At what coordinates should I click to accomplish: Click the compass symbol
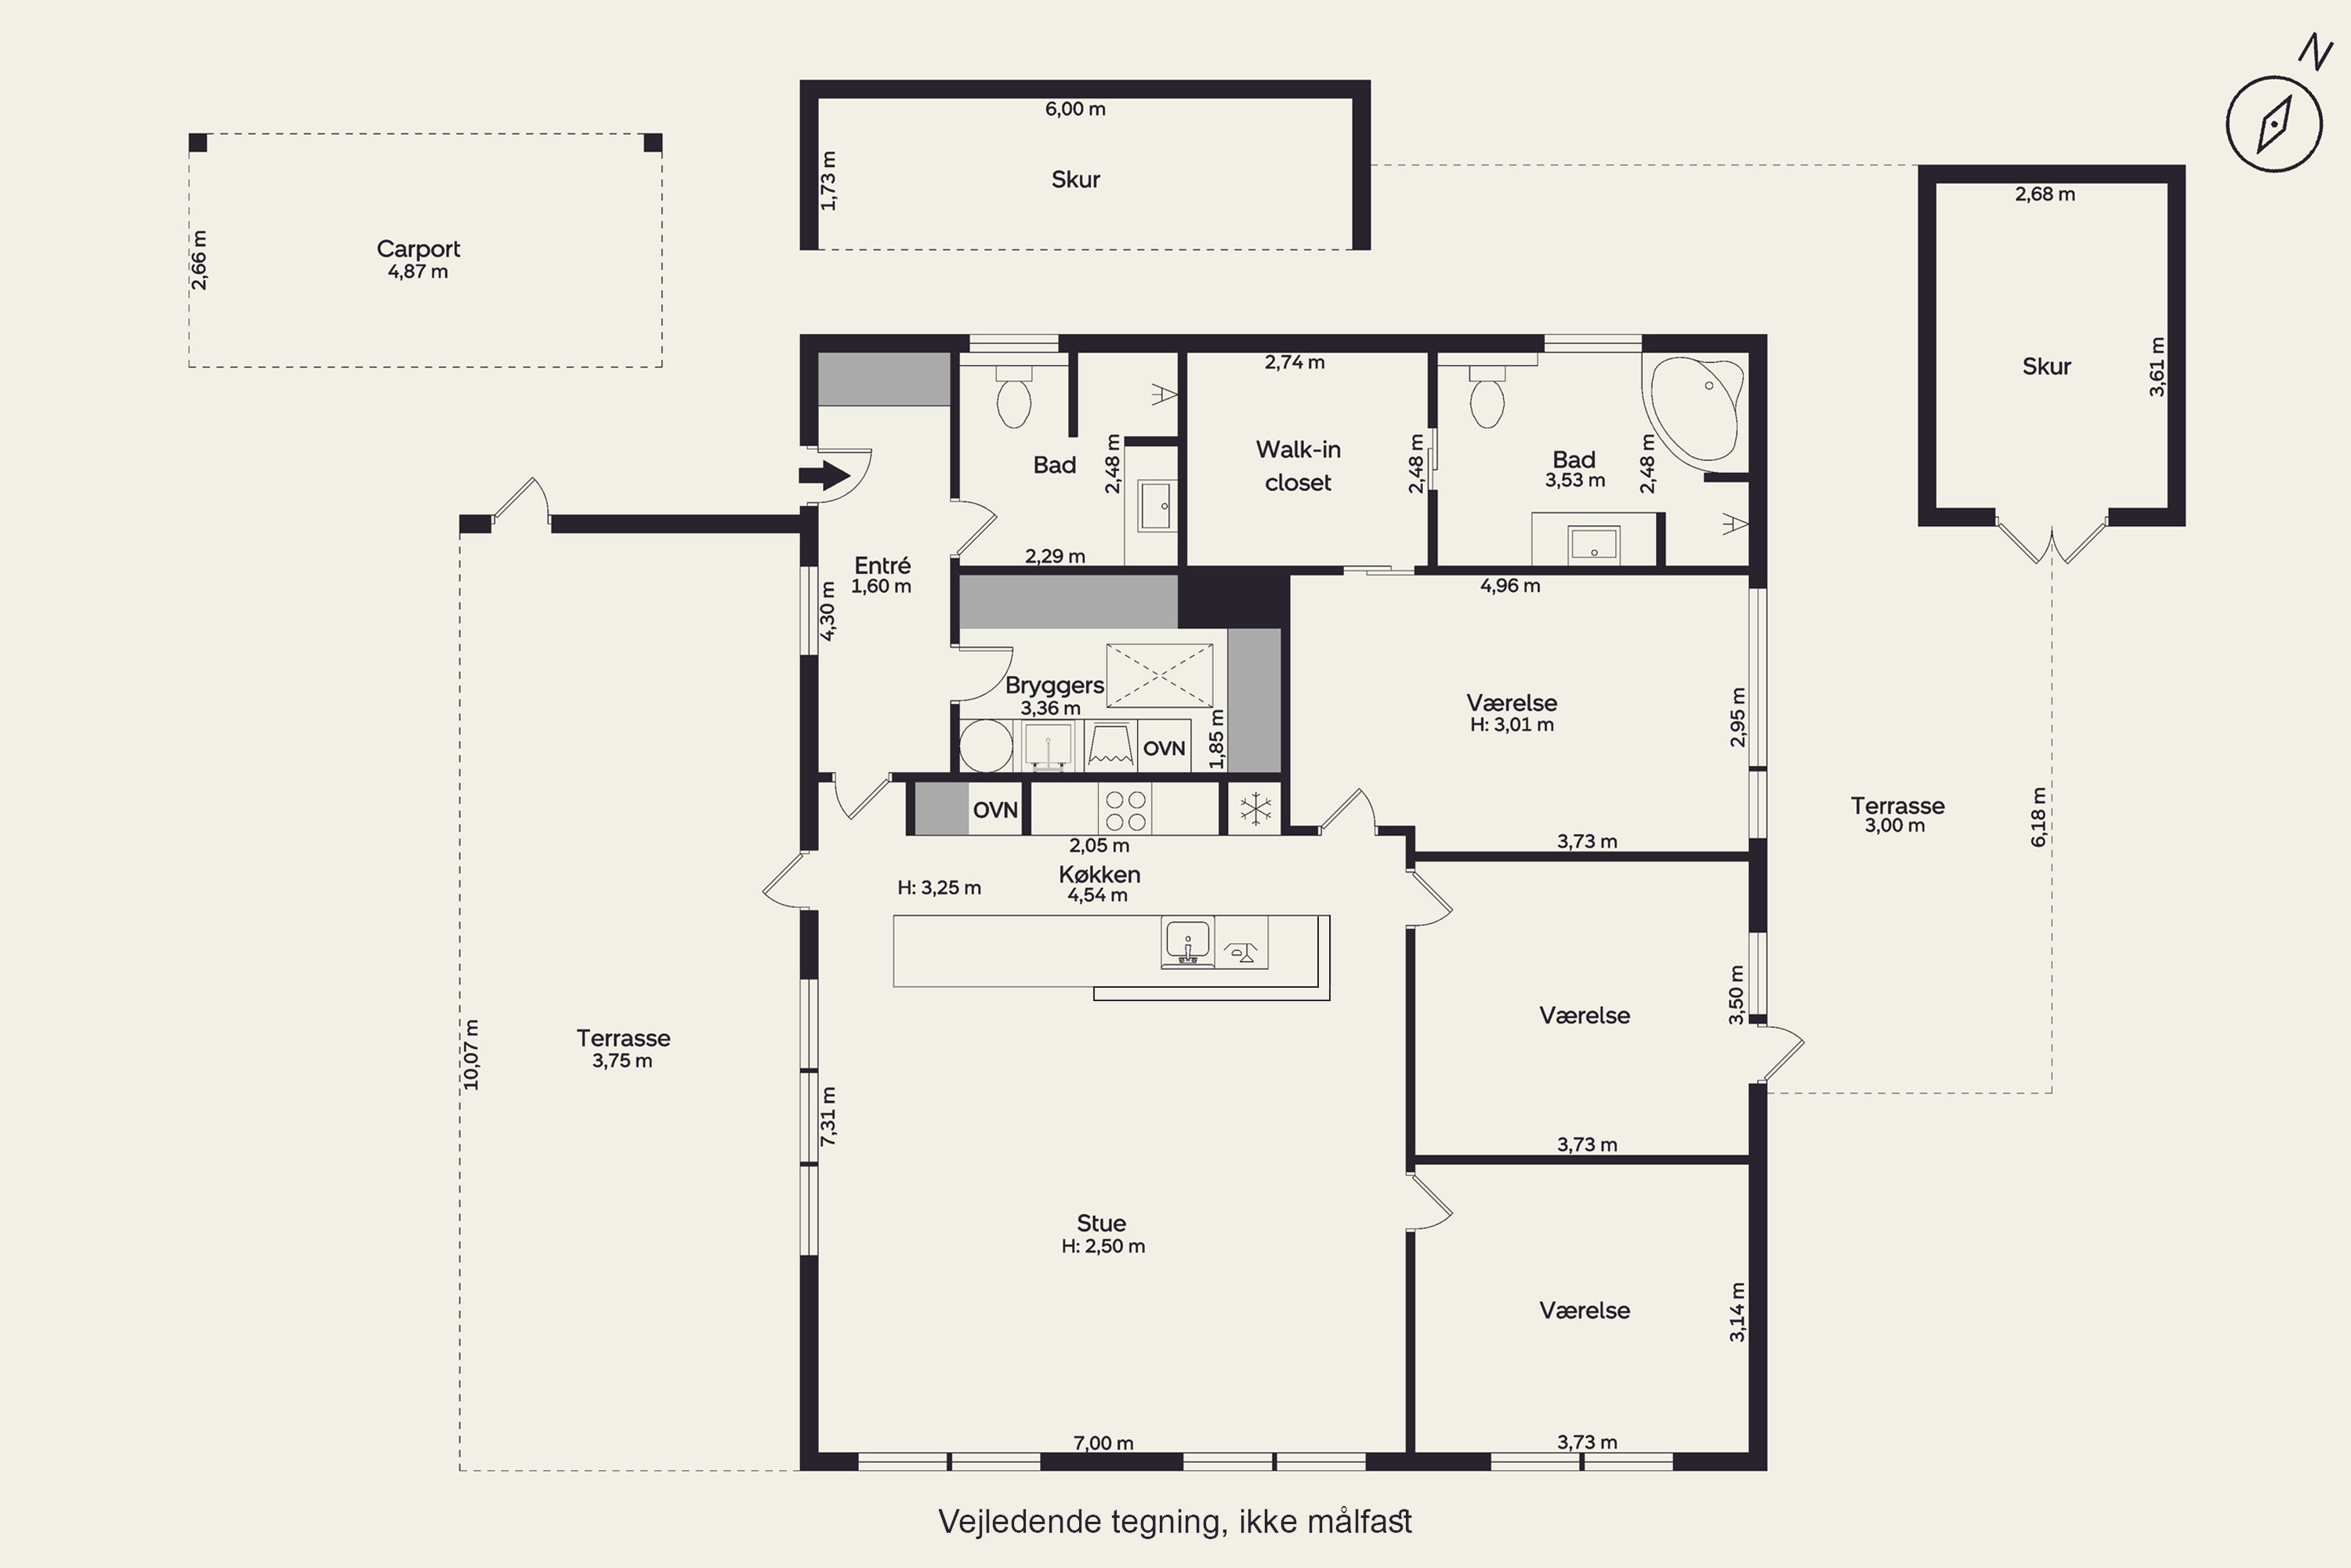(2274, 124)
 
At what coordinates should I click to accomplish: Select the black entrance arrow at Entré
(824, 475)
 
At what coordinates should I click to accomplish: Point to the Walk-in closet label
(1298, 466)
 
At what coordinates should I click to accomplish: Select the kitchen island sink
(1187, 942)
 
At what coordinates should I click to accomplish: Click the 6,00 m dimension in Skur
(1075, 109)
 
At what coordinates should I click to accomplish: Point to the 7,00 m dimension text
(1103, 1443)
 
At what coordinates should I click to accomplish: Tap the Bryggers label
(1055, 686)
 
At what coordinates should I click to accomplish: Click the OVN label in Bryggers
(1165, 748)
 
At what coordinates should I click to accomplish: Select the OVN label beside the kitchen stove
(995, 810)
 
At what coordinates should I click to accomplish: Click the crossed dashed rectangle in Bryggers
(1160, 676)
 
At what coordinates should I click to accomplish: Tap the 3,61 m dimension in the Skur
(2157, 367)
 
